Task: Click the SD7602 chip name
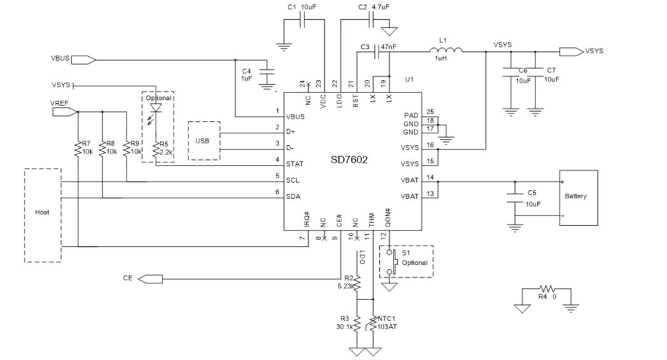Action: [x=349, y=160]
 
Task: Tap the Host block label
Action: [x=42, y=212]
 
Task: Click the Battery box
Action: [x=579, y=198]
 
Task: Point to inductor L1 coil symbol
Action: [x=446, y=50]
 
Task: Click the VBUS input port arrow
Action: [x=83, y=60]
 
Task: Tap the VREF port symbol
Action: [x=65, y=112]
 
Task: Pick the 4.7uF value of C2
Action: [x=380, y=7]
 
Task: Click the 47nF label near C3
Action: [x=388, y=47]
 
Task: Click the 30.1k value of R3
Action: [x=345, y=327]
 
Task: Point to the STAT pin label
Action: [x=295, y=164]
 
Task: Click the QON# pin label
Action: [x=387, y=217]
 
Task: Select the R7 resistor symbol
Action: [x=78, y=149]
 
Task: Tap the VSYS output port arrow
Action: [x=571, y=51]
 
